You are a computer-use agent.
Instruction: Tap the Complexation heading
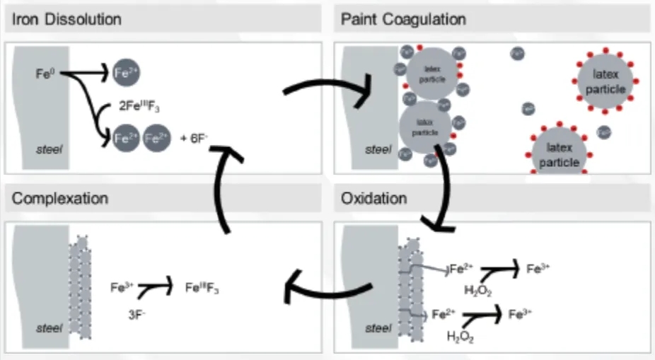(60, 197)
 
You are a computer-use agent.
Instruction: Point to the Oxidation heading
(374, 197)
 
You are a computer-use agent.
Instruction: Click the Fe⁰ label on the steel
(44, 72)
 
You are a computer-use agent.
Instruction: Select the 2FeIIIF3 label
(141, 108)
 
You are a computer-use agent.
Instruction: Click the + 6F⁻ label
(190, 139)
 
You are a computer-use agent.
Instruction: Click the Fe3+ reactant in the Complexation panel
(120, 288)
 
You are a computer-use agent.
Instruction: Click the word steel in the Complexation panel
(47, 327)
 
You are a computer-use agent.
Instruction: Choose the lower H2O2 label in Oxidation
(460, 337)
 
